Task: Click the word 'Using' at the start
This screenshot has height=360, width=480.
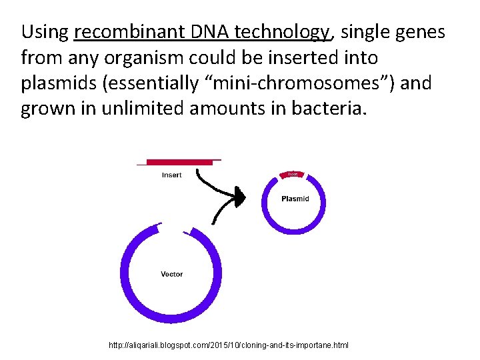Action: pyautogui.click(x=45, y=31)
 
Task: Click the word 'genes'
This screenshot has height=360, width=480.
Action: pyautogui.click(x=420, y=31)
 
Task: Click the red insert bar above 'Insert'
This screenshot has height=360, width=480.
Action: pyautogui.click(x=179, y=162)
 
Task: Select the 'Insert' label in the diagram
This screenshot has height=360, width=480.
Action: pyautogui.click(x=171, y=175)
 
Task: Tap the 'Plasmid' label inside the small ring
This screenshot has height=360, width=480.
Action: pyautogui.click(x=295, y=199)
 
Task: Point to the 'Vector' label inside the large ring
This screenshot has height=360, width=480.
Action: pyautogui.click(x=171, y=274)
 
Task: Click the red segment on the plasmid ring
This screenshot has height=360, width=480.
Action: pyautogui.click(x=293, y=174)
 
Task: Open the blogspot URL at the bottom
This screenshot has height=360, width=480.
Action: pyautogui.click(x=228, y=345)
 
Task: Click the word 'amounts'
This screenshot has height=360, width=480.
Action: pyautogui.click(x=231, y=109)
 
